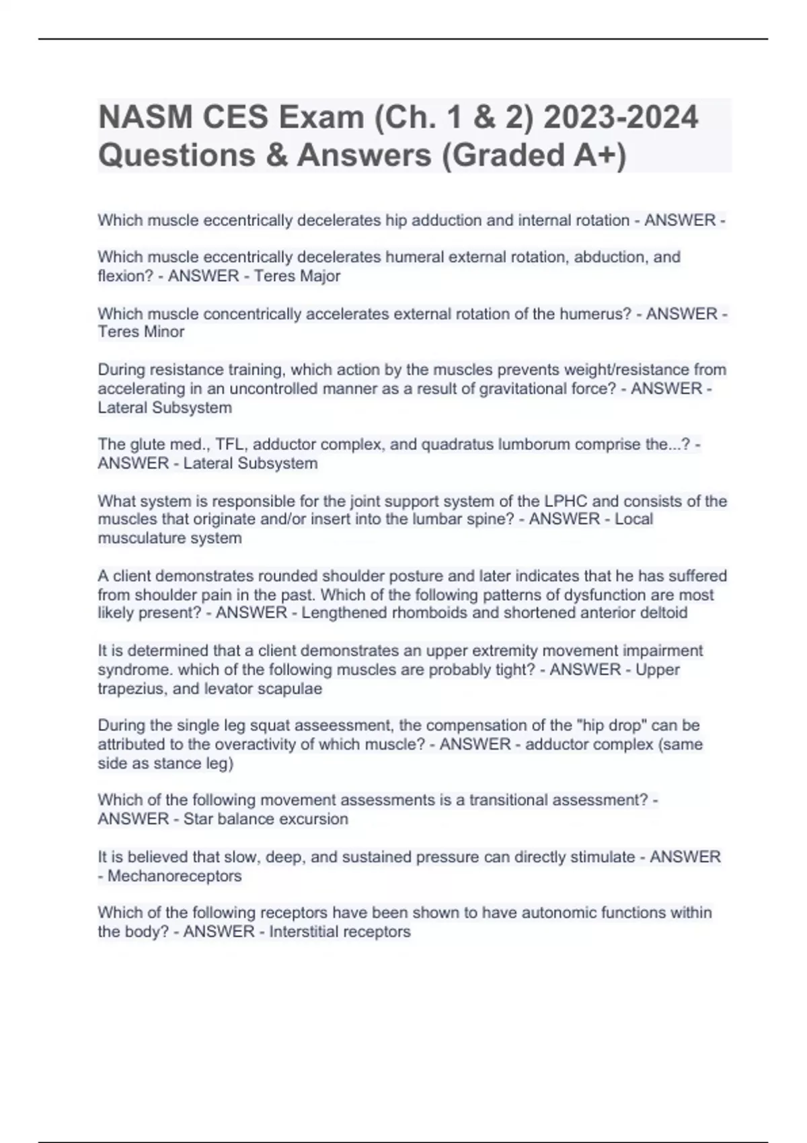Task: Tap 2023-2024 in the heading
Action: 621,118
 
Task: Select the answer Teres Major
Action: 297,276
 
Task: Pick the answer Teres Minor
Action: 141,331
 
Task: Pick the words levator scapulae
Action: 272,688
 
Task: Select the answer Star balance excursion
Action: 266,819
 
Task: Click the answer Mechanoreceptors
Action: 174,875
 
